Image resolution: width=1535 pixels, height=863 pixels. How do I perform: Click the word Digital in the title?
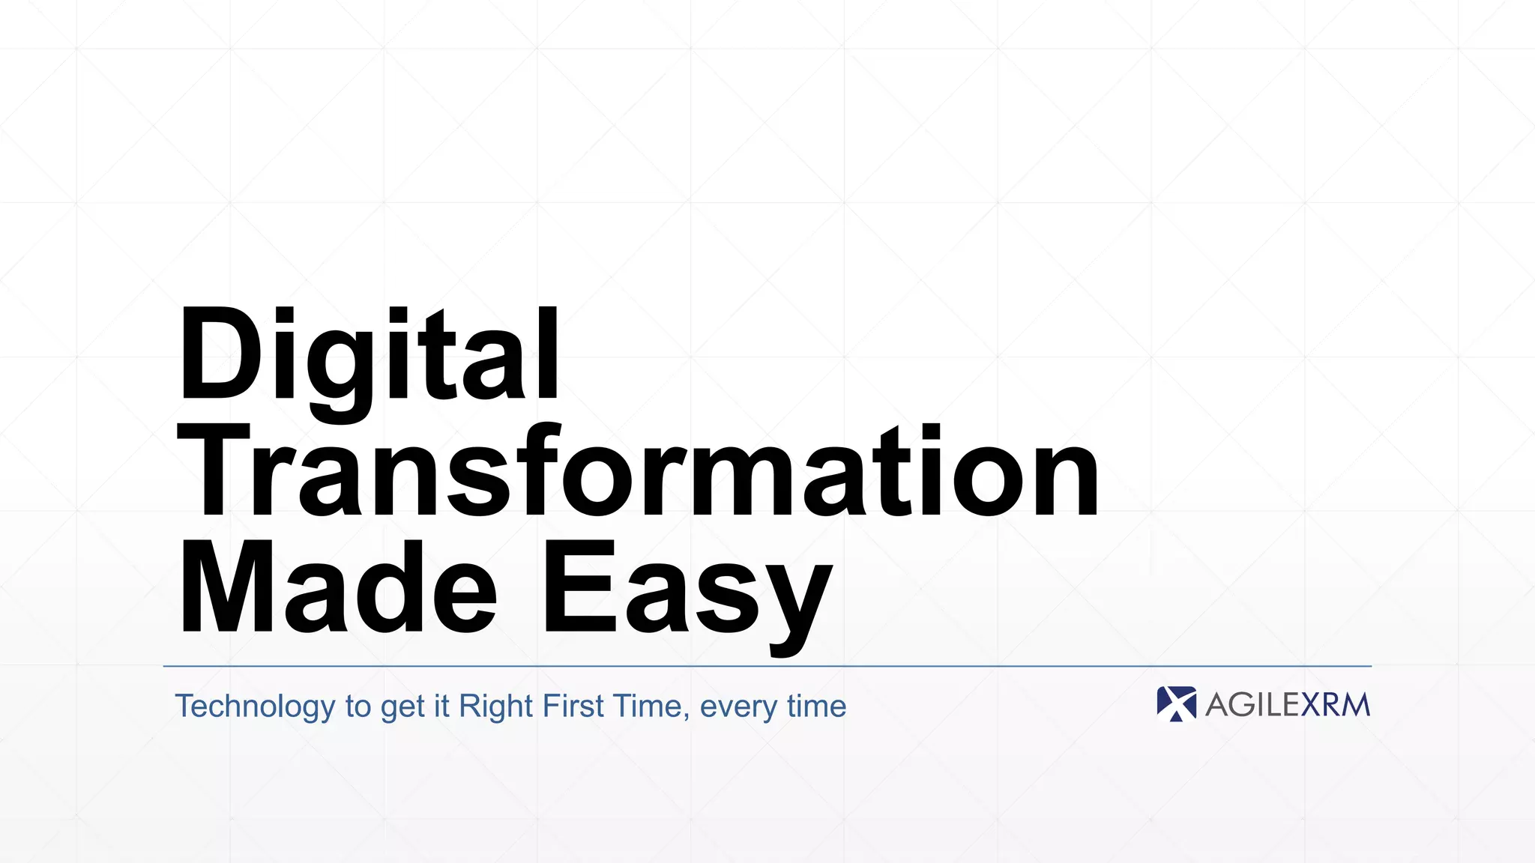click(369, 354)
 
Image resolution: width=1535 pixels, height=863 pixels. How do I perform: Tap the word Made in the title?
click(337, 587)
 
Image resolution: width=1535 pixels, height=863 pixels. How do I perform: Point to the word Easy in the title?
click(687, 592)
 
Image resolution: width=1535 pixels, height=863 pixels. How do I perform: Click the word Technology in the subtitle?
click(255, 706)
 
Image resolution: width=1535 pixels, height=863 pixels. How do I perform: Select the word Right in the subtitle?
click(495, 706)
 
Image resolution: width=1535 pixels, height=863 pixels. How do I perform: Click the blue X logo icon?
click(1176, 704)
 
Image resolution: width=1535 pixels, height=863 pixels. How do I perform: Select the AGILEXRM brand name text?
click(1287, 705)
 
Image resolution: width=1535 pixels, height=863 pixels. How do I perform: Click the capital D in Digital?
click(217, 354)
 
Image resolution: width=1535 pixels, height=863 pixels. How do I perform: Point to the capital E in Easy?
click(576, 587)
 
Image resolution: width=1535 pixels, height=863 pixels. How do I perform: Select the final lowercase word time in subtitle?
click(816, 706)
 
